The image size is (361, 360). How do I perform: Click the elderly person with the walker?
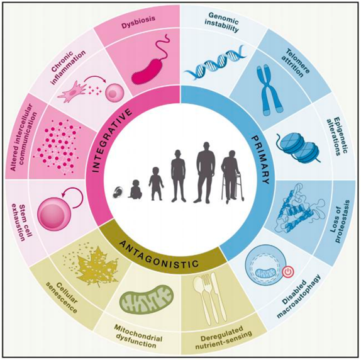232,176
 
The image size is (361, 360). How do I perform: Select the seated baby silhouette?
135,189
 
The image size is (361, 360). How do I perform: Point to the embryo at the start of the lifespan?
118,193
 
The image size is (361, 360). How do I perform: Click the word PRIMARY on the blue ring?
260,160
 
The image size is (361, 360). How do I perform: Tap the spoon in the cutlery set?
201,300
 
